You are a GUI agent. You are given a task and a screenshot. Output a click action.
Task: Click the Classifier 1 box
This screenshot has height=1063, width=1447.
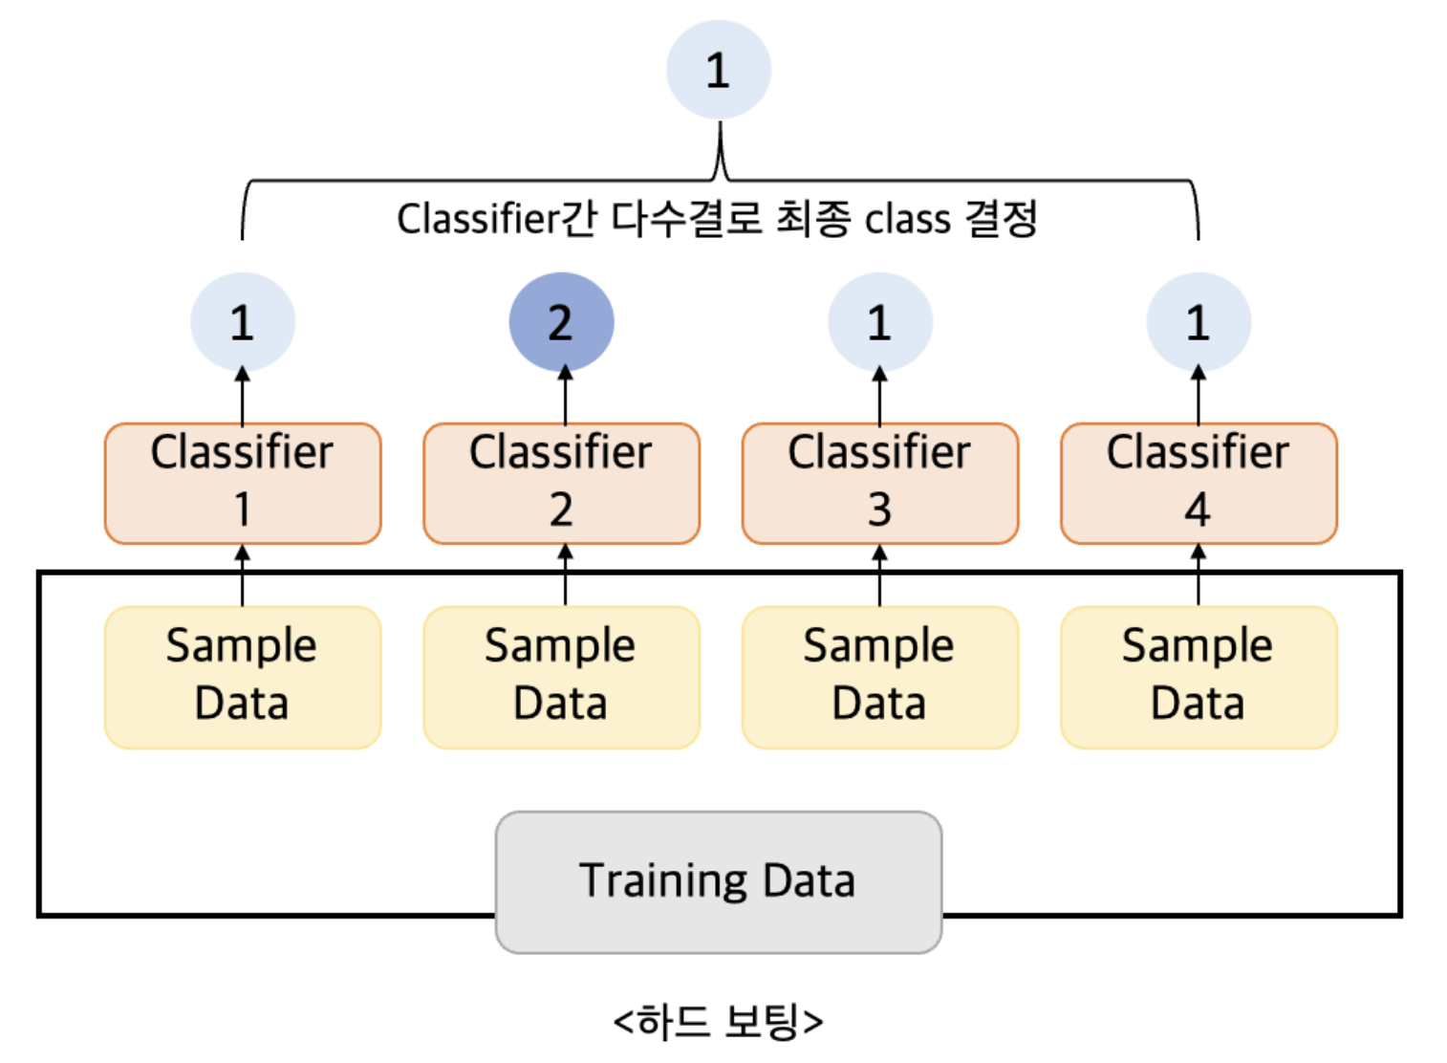click(x=243, y=483)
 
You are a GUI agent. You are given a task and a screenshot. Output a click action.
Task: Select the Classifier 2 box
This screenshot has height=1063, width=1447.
click(x=561, y=483)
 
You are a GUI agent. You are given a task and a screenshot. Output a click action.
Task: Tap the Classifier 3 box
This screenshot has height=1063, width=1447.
click(x=879, y=483)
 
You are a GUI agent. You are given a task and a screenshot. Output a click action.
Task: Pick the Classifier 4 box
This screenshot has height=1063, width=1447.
click(x=1199, y=483)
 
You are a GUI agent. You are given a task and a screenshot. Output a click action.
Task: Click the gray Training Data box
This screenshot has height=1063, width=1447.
click(x=718, y=881)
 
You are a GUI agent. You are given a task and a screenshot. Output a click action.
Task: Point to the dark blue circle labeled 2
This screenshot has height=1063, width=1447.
click(x=561, y=322)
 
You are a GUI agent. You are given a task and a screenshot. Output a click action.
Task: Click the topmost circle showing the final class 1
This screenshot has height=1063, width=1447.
click(x=718, y=70)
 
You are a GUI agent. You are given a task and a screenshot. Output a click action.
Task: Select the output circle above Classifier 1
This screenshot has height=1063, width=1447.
click(x=243, y=322)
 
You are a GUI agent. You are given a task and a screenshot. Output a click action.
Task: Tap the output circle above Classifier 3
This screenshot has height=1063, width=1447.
click(x=879, y=322)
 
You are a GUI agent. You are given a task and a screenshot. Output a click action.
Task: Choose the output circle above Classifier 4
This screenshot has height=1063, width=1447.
click(x=1199, y=322)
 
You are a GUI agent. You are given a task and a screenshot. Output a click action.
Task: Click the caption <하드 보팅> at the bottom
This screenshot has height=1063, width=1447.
click(x=718, y=1021)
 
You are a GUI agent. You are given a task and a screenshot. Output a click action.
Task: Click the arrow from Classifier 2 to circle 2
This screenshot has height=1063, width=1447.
click(x=565, y=397)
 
